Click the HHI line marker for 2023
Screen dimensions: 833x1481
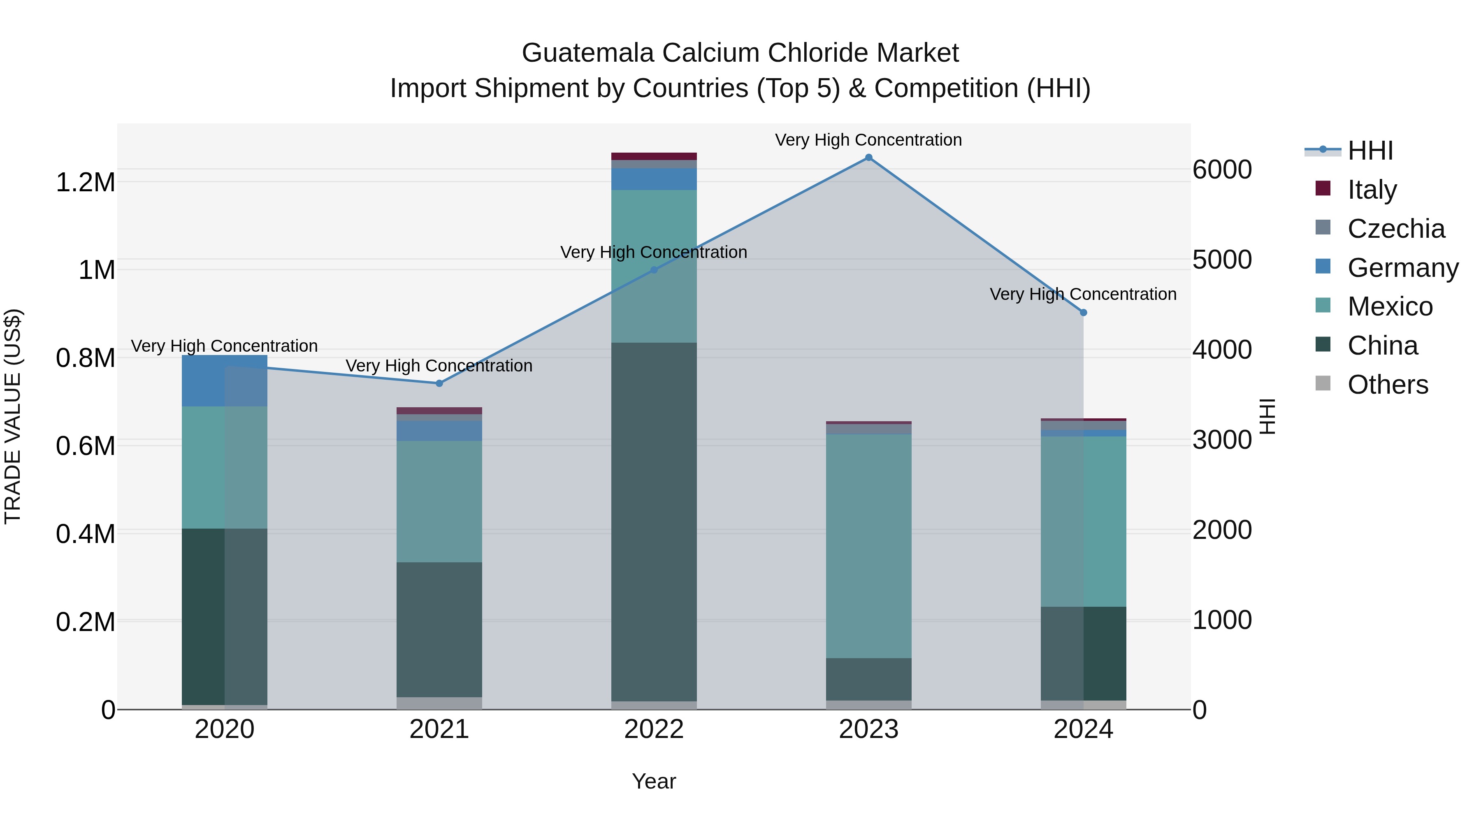pyautogui.click(x=868, y=158)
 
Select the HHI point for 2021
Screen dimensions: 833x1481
pyautogui.click(x=439, y=383)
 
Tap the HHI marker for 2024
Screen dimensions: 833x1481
pyautogui.click(x=1083, y=313)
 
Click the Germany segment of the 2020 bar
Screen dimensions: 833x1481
pyautogui.click(x=224, y=381)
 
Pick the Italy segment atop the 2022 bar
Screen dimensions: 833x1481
pyautogui.click(x=654, y=156)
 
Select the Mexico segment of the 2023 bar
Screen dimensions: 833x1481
pyautogui.click(x=868, y=546)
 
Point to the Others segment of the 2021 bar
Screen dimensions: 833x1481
pyautogui.click(x=439, y=703)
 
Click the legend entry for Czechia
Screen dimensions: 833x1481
pyautogui.click(x=1395, y=229)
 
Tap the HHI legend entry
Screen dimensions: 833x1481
pyautogui.click(x=1370, y=151)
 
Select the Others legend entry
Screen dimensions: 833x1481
pyautogui.click(x=1387, y=385)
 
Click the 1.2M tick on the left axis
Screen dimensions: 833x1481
pyautogui.click(x=85, y=183)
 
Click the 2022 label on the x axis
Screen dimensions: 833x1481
pyautogui.click(x=654, y=729)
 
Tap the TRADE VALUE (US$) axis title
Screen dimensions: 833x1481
pyautogui.click(x=13, y=416)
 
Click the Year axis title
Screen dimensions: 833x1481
pyautogui.click(x=654, y=781)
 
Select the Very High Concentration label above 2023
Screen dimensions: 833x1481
pyautogui.click(x=868, y=140)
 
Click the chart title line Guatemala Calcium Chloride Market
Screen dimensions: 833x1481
pyautogui.click(x=740, y=53)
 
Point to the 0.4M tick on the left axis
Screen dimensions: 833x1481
pyautogui.click(x=85, y=534)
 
